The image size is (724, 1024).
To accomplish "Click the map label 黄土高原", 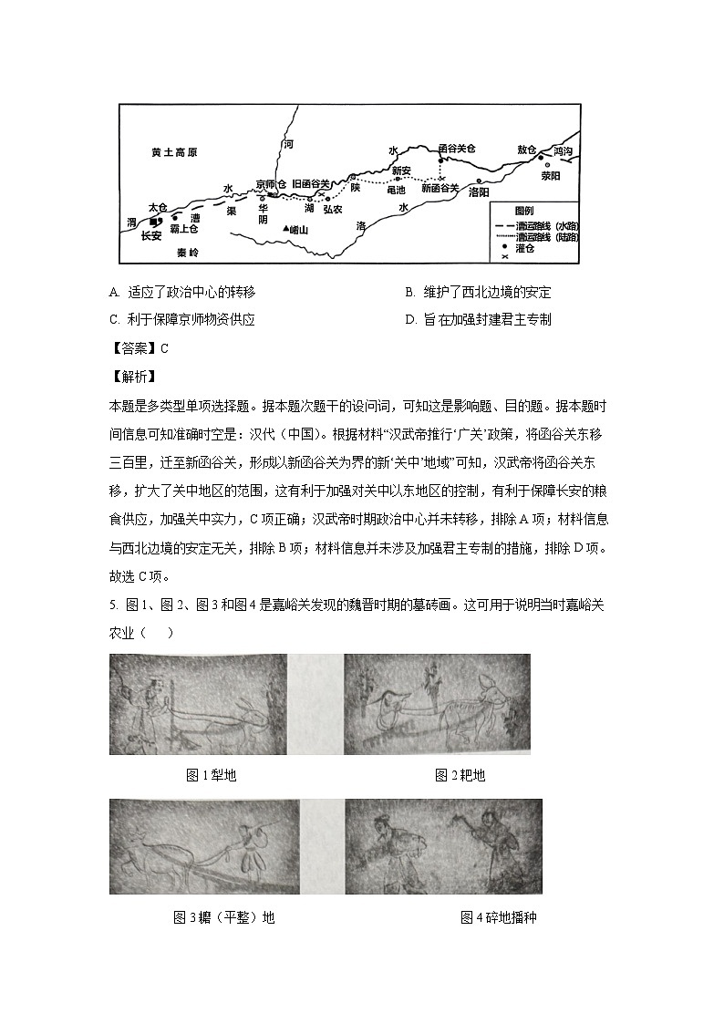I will (175, 153).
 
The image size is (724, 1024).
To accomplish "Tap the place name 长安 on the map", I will (150, 235).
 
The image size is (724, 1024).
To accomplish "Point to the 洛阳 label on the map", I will (479, 193).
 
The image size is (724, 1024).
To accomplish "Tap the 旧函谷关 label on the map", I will (310, 184).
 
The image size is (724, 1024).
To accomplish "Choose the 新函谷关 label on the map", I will (440, 189).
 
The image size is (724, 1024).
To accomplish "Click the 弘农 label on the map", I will (333, 209).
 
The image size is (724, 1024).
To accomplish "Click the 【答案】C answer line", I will (139, 347).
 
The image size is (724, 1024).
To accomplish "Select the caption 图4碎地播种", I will (498, 917).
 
